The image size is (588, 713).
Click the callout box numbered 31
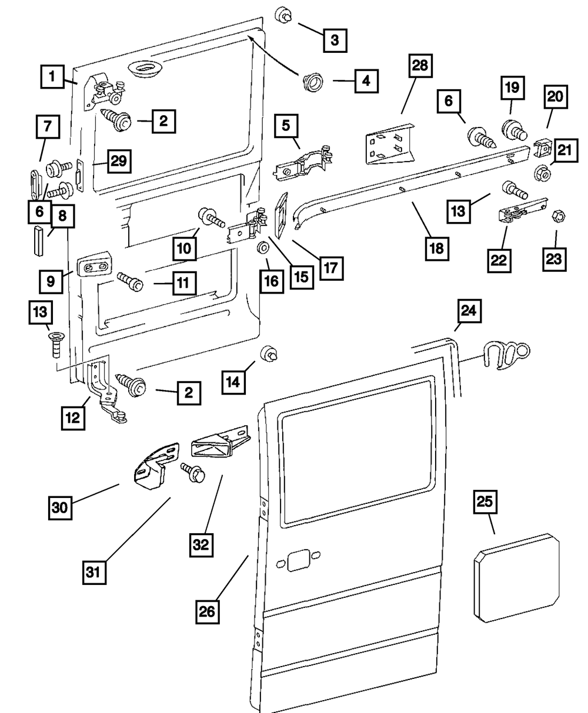95,571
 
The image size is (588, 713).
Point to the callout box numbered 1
52,76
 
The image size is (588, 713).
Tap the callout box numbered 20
556,97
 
